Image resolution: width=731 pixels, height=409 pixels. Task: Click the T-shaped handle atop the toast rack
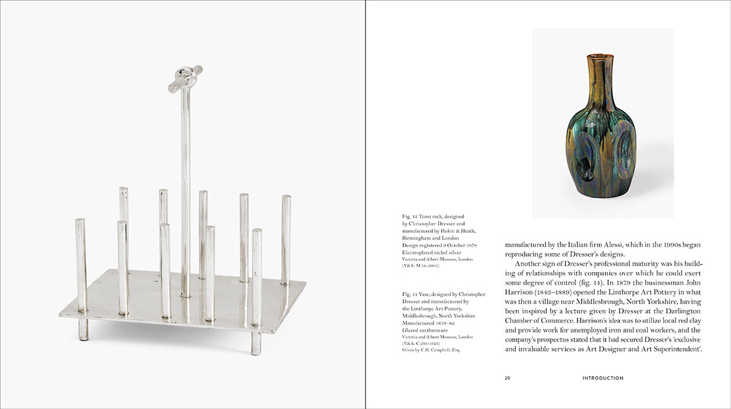point(185,78)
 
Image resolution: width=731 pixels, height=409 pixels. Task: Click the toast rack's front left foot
point(83,329)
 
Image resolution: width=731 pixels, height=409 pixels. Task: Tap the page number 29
point(507,378)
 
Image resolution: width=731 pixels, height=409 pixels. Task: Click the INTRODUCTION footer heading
point(602,378)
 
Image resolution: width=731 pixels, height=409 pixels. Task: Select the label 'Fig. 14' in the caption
point(409,294)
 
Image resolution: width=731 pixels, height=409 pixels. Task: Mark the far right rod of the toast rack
point(286,239)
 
